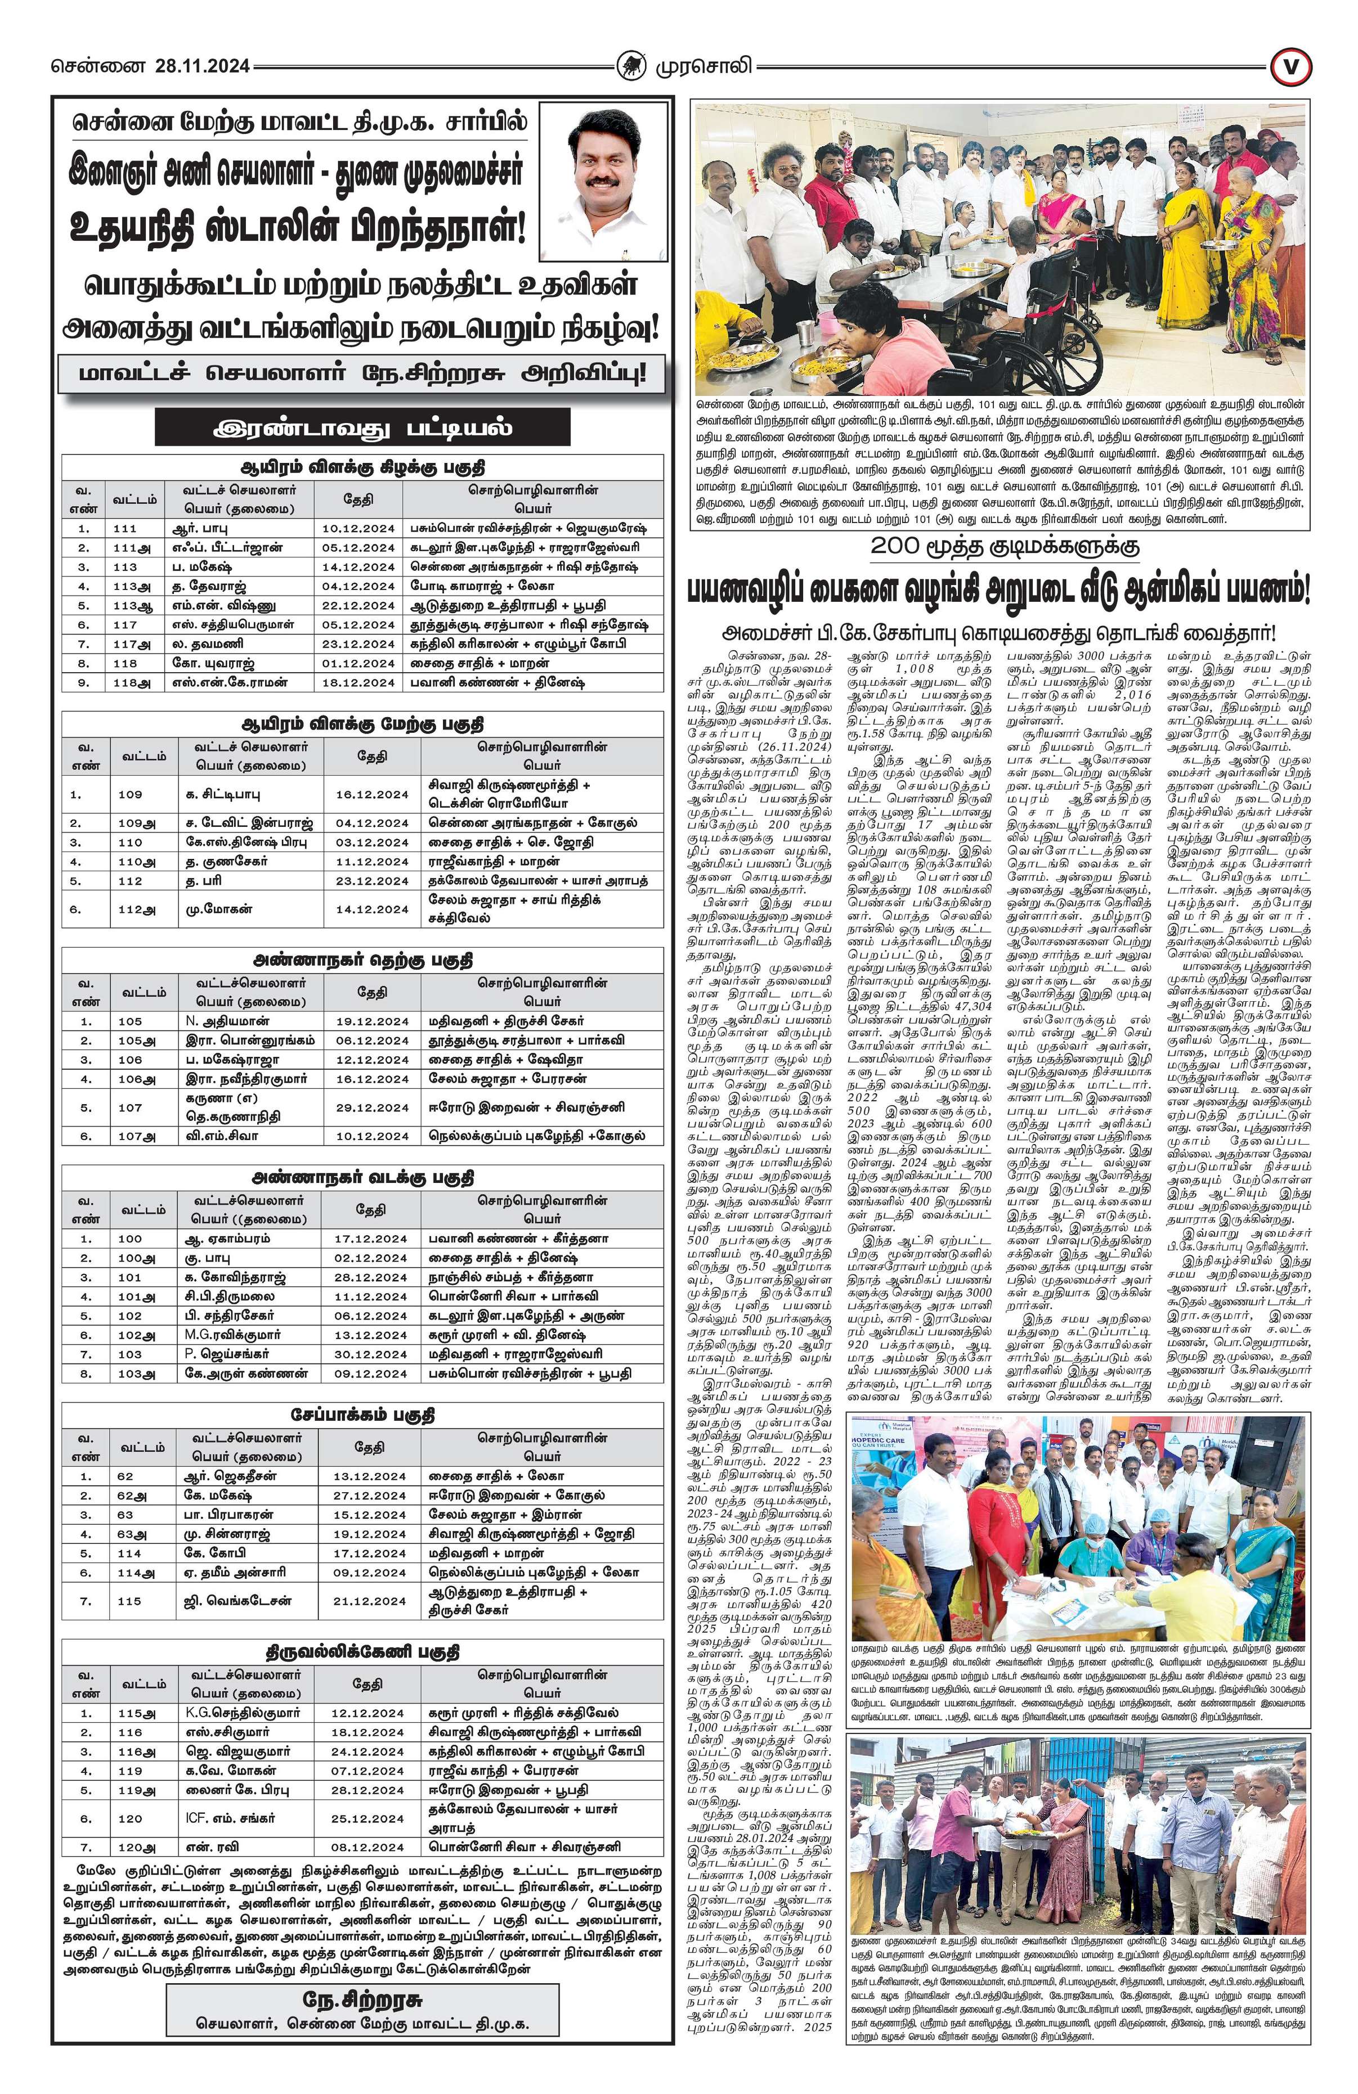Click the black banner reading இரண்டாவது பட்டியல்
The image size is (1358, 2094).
(362, 429)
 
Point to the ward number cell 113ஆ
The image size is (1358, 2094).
(134, 605)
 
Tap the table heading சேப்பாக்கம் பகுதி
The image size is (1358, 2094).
(362, 1414)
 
